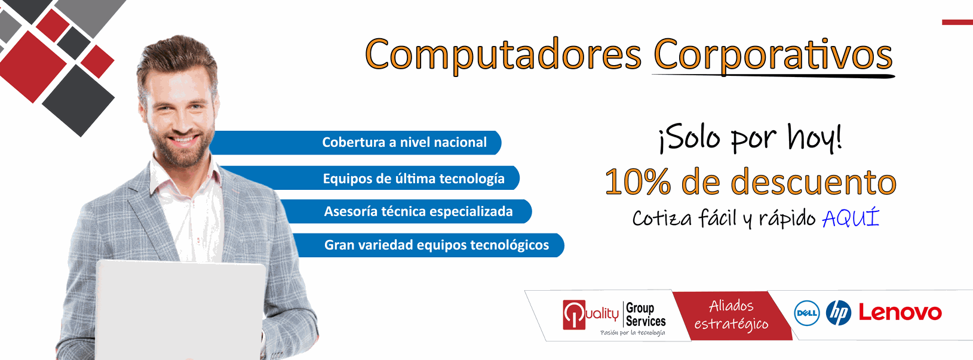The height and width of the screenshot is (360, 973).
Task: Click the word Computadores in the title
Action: [503, 55]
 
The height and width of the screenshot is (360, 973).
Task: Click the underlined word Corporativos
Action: [773, 55]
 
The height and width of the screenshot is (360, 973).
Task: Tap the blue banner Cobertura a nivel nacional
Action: [355, 143]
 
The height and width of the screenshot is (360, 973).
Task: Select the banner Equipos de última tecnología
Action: [369, 178]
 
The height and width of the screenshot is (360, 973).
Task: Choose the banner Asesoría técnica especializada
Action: [406, 211]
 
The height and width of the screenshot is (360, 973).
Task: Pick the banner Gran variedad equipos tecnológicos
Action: [429, 245]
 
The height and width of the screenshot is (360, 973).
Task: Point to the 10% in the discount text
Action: [638, 181]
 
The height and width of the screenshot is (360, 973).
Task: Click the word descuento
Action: [814, 181]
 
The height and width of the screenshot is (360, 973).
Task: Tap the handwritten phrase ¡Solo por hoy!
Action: [751, 138]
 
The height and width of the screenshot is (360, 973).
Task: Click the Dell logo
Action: [806, 313]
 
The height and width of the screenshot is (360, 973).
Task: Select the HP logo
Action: [839, 313]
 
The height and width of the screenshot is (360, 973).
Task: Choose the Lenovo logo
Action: [900, 313]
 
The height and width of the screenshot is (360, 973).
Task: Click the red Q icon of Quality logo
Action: [574, 315]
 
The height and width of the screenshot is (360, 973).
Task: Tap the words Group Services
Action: [646, 315]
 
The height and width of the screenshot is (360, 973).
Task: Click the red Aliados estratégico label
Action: [732, 316]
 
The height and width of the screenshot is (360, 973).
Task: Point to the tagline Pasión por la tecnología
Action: [633, 333]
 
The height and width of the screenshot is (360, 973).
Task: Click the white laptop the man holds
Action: [180, 310]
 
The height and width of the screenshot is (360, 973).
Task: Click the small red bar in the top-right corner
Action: [957, 22]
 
